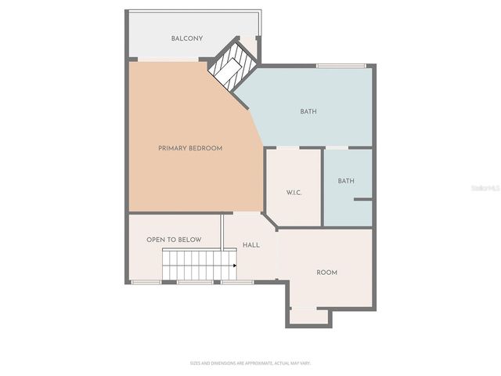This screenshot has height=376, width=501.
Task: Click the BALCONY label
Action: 187,38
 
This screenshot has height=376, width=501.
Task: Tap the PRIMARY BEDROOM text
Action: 190,148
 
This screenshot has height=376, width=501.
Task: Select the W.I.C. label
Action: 294,192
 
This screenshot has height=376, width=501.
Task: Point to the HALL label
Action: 251,245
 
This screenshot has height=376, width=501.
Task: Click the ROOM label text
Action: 326,273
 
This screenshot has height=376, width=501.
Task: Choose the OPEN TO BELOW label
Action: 174,240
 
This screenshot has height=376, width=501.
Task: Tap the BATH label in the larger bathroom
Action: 308,111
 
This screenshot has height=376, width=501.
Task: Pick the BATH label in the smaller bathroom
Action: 346,181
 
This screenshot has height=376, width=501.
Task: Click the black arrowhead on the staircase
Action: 234,266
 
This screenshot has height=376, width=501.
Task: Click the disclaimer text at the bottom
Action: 250,363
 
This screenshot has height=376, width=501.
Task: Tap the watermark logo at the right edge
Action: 486,189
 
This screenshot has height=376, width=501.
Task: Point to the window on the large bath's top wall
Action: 341,65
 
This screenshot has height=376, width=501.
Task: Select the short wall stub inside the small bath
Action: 362,201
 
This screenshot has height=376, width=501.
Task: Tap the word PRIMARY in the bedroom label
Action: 172,148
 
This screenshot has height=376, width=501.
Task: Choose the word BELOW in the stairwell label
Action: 190,240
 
